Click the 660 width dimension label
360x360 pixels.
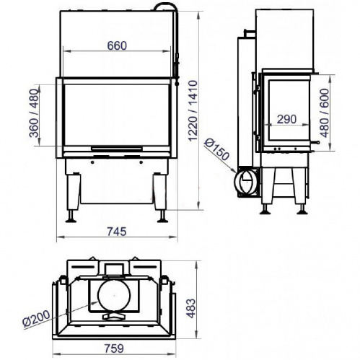point(117,45)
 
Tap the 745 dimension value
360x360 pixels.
point(117,232)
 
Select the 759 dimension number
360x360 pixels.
point(114,348)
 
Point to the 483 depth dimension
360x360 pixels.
point(192,308)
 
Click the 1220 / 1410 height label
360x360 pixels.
point(193,111)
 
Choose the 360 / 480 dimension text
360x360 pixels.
point(34,113)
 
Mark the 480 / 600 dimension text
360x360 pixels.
point(325,113)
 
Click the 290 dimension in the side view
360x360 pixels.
point(286,119)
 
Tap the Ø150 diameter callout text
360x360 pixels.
point(216,150)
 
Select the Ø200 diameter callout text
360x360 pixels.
point(36,319)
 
